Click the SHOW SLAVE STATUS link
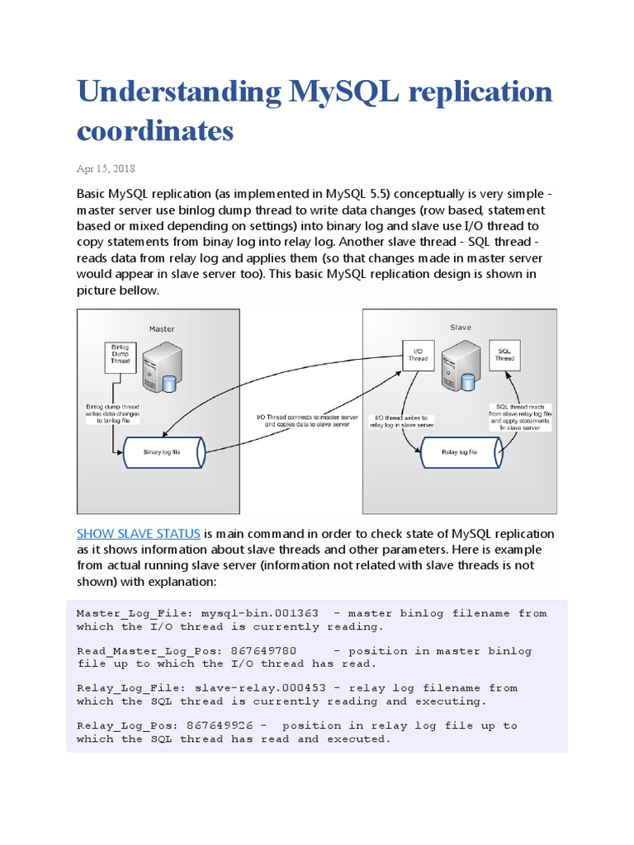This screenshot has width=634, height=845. click(139, 533)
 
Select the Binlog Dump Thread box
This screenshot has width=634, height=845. click(121, 353)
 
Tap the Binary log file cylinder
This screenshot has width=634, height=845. click(162, 452)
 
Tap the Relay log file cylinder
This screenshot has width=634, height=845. click(460, 452)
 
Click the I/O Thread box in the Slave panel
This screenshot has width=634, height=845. click(418, 355)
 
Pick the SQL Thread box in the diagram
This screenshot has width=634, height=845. click(504, 355)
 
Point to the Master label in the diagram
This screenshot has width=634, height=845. click(162, 328)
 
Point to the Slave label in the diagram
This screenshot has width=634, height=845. click(461, 328)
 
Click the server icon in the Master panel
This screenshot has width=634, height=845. click(160, 367)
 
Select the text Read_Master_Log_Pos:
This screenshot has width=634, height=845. click(140, 650)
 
